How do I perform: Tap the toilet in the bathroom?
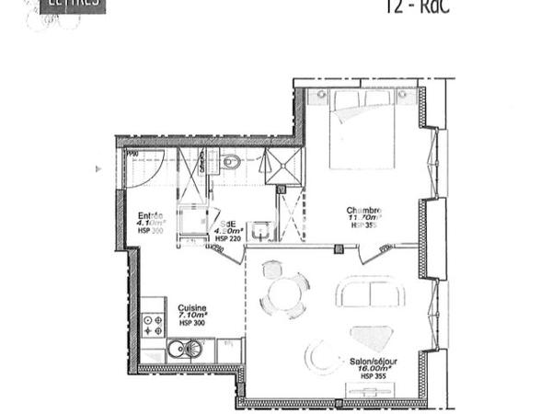tap(231, 163)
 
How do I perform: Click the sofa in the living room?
tap(370, 293)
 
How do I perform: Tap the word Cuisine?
tap(191, 308)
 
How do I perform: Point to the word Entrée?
tap(150, 215)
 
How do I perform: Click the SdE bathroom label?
tap(225, 223)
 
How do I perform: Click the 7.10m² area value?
tap(191, 316)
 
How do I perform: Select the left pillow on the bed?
tap(347, 98)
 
